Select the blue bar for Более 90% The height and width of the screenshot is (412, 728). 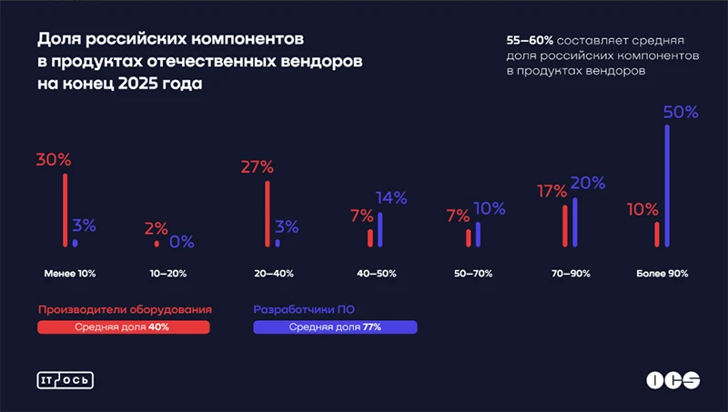(x=668, y=186)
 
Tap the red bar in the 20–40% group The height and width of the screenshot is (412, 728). (x=268, y=214)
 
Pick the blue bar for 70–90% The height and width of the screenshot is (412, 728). (x=575, y=222)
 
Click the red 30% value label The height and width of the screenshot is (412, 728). (x=54, y=159)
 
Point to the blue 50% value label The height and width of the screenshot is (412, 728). (x=681, y=113)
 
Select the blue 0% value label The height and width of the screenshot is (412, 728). (x=181, y=242)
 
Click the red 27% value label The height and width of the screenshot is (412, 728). (x=257, y=166)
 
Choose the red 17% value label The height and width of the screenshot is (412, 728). (x=551, y=192)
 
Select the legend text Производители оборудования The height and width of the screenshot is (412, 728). (x=125, y=309)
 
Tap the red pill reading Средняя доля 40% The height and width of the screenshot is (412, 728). (x=124, y=327)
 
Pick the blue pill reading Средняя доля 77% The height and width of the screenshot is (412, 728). (x=335, y=327)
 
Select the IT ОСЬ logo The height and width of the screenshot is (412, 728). (x=65, y=380)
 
